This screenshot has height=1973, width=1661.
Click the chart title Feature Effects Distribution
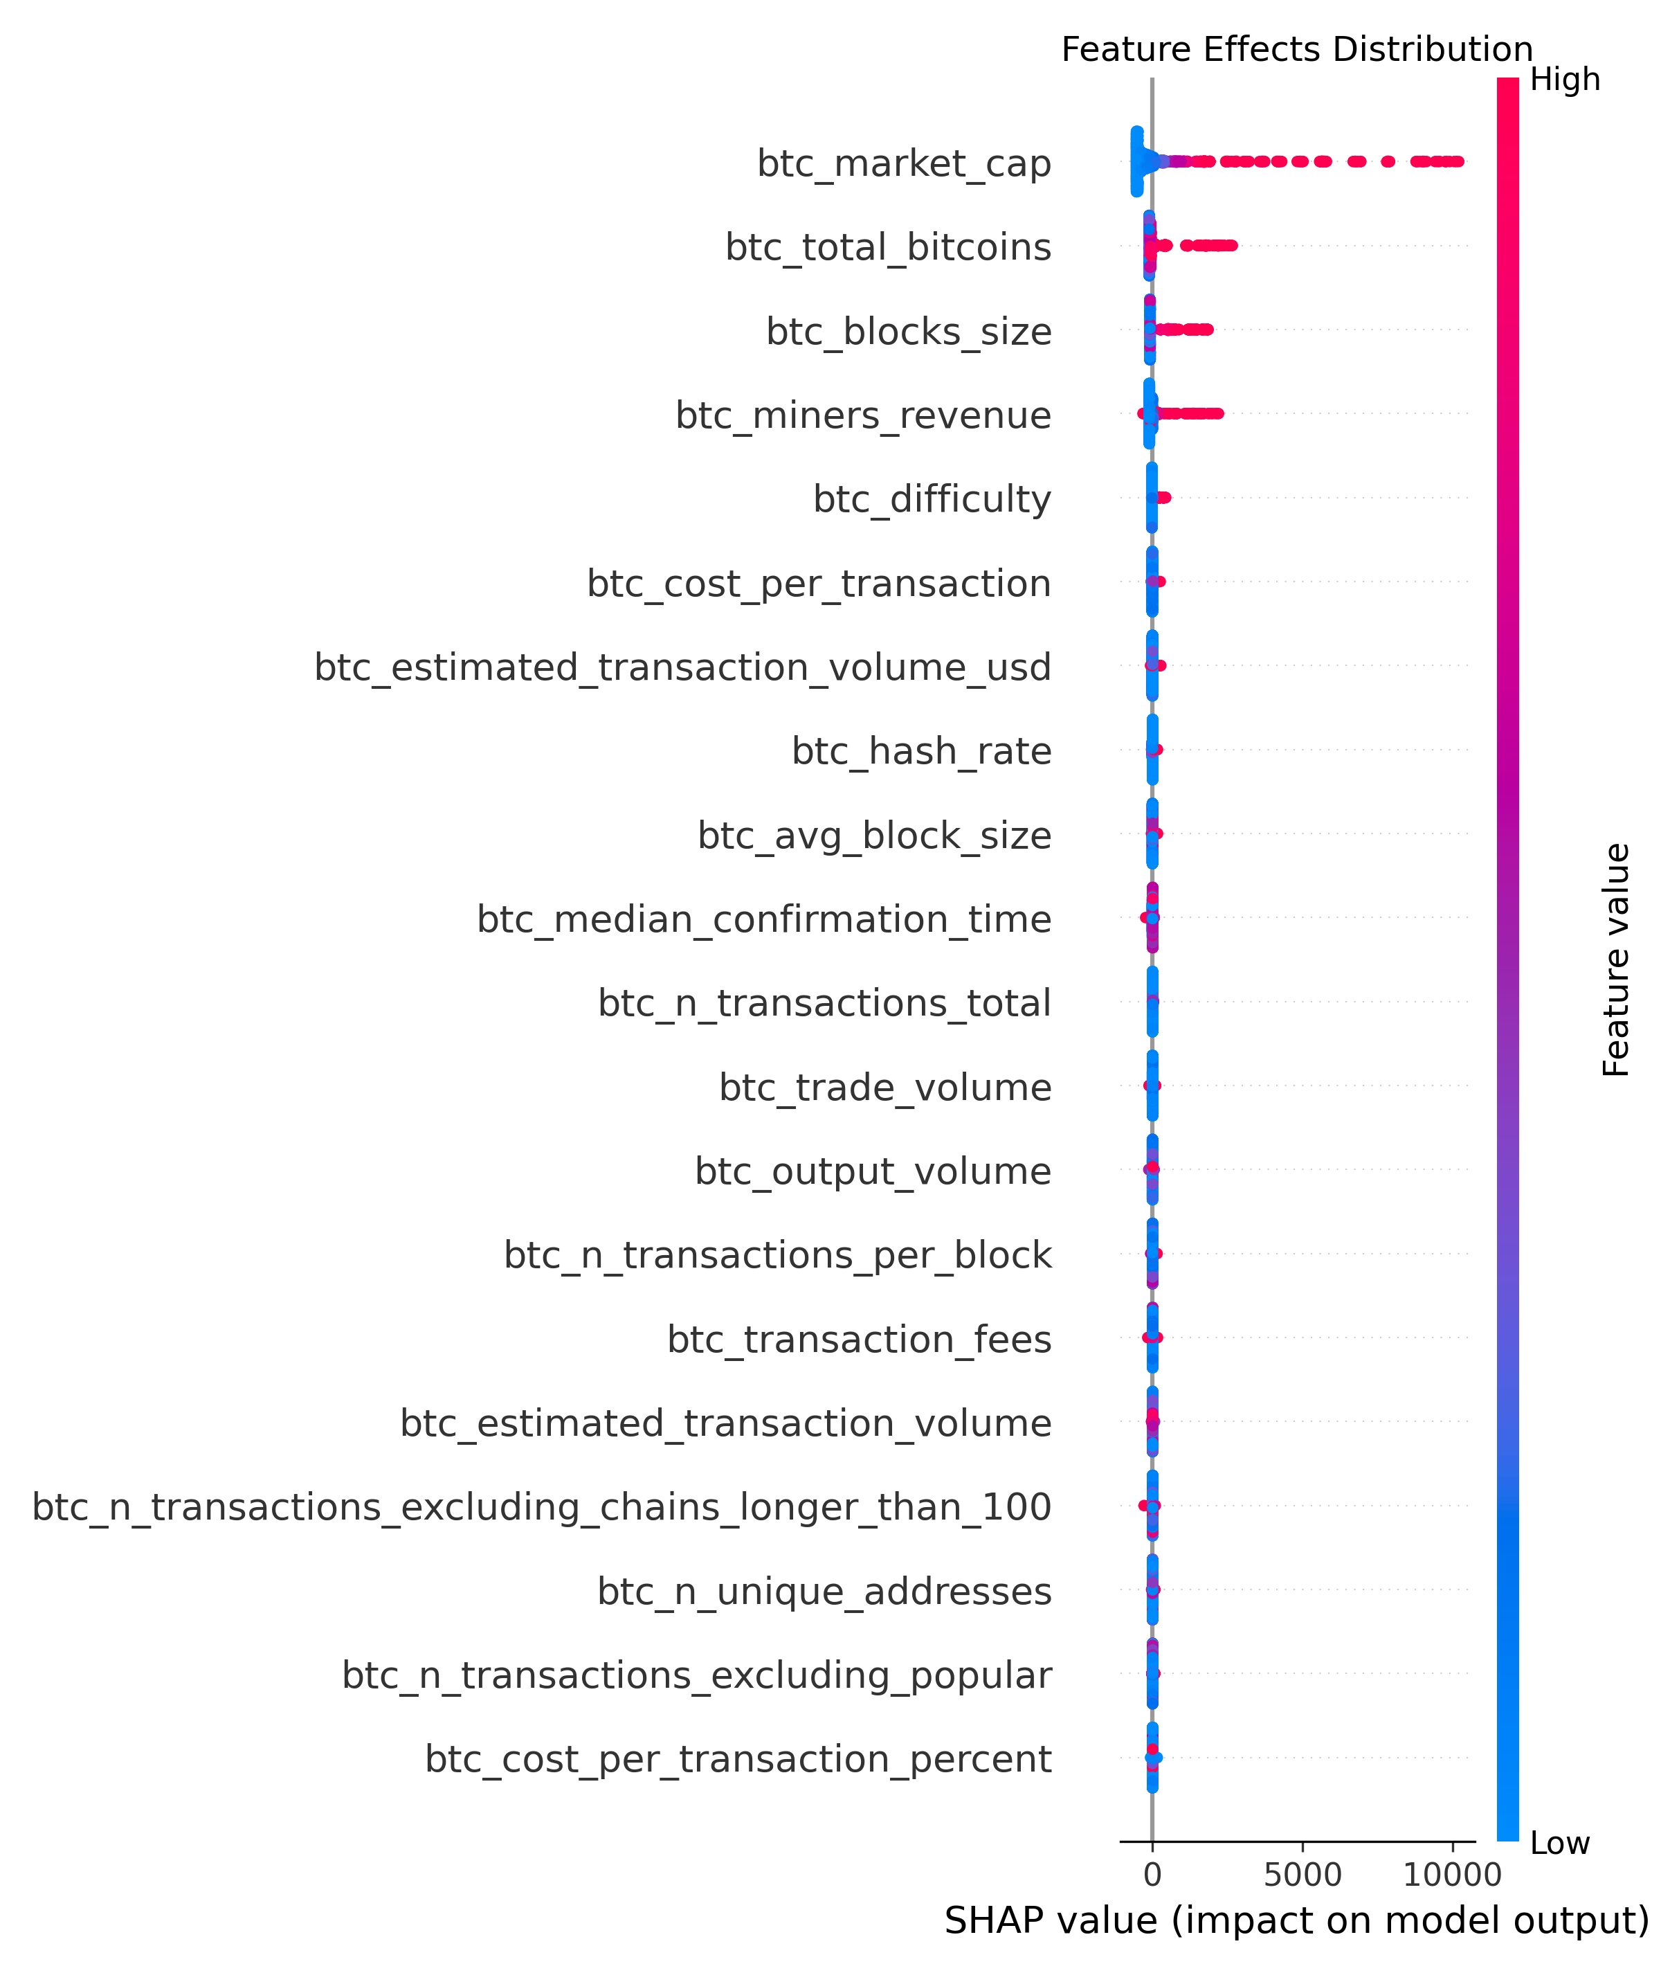[x=1296, y=49]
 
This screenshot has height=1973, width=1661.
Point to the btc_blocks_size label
[x=909, y=332]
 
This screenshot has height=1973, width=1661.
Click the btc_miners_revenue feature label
[x=862, y=415]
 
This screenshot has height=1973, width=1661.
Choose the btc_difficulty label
[x=932, y=499]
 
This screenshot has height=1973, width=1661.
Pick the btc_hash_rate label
[x=921, y=750]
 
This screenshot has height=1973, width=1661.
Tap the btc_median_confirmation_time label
[x=763, y=919]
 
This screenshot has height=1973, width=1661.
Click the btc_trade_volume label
[x=884, y=1087]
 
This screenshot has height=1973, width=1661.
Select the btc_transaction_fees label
[x=859, y=1339]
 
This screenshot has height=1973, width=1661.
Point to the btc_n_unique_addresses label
[x=824, y=1591]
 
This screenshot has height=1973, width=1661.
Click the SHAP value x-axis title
[x=1296, y=1921]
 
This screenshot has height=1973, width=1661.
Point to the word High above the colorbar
[x=1564, y=80]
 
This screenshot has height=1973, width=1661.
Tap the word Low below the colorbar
[x=1559, y=1843]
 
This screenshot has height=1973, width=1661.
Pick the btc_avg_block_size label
[x=874, y=836]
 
